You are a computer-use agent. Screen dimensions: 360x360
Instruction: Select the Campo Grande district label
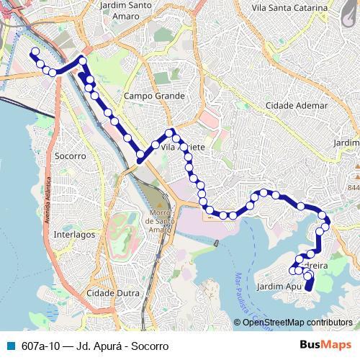click(154, 96)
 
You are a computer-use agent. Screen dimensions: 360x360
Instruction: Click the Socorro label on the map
click(70, 156)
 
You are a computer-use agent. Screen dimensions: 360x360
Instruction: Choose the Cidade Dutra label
click(112, 293)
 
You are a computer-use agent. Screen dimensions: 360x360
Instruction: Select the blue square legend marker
click(9, 345)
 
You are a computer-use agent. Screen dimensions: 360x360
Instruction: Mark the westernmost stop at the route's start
click(33, 52)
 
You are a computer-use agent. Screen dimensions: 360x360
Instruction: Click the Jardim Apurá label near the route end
click(277, 286)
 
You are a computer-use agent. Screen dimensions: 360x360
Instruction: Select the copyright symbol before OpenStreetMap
click(238, 322)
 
